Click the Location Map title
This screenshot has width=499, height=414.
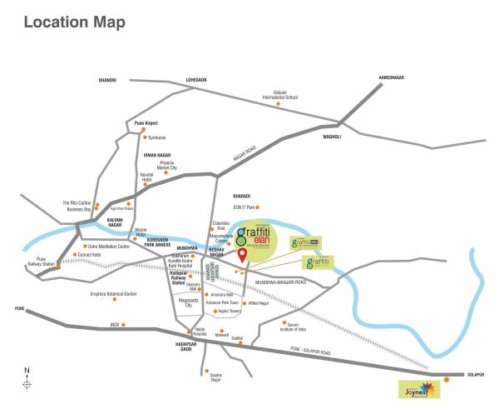[x=76, y=22]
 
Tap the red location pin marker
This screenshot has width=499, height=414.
[x=242, y=255]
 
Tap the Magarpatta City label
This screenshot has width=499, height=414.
[x=194, y=303]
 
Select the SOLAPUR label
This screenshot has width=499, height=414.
[x=475, y=373]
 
